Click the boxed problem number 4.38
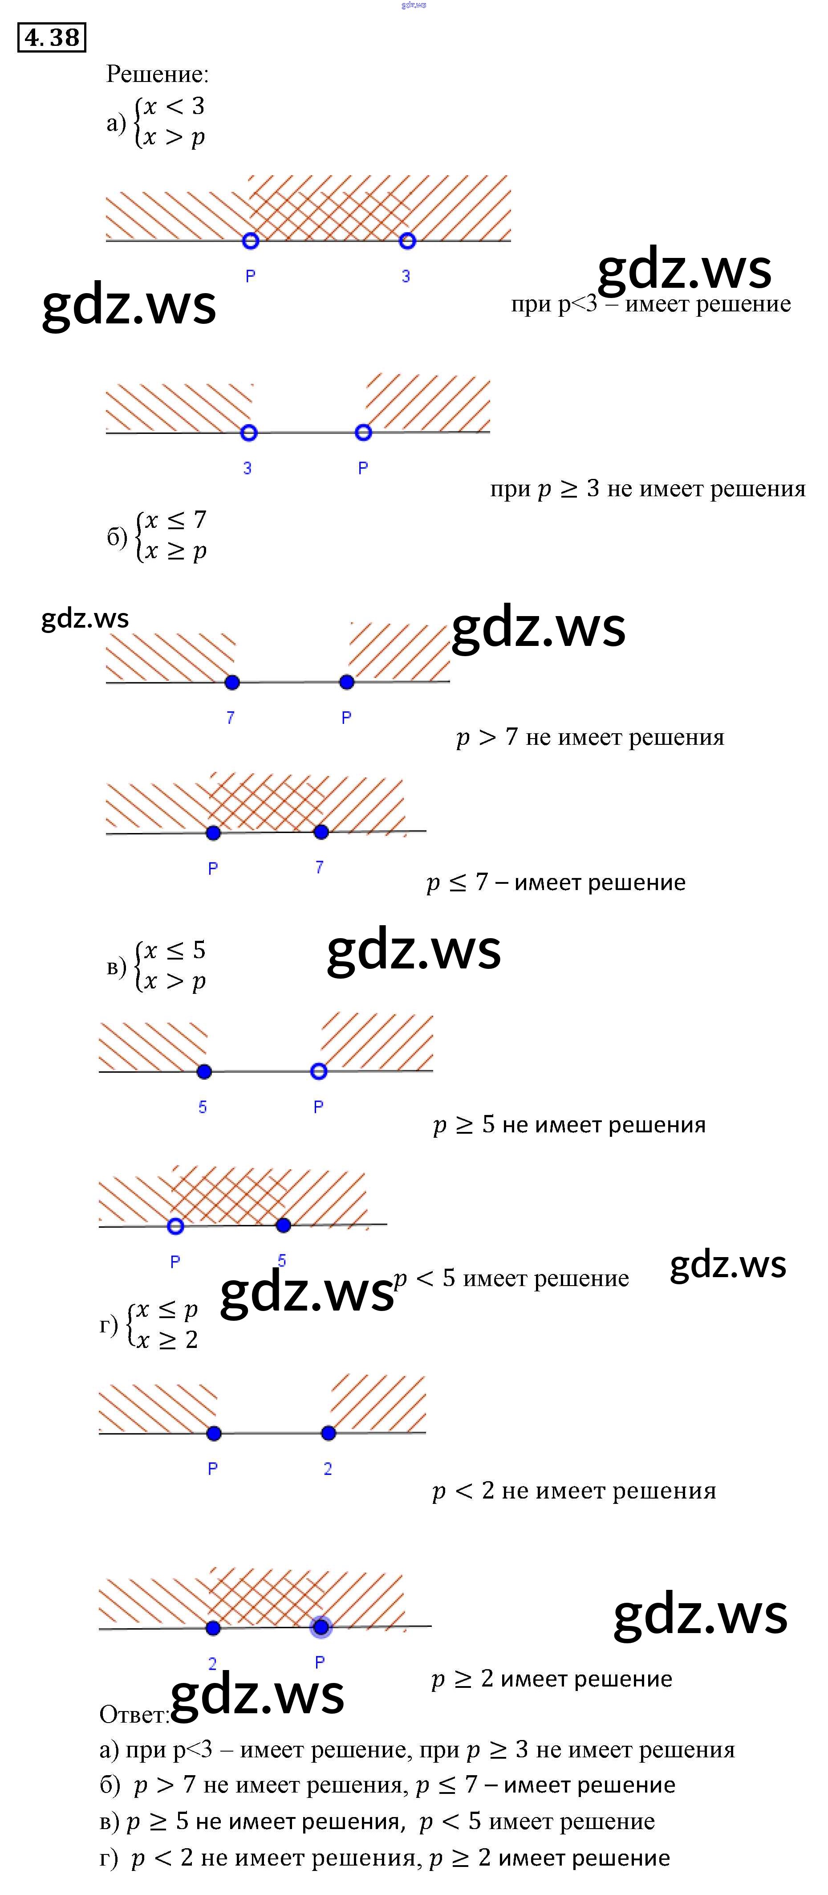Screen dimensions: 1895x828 [52, 37]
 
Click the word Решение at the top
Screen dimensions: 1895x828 [157, 74]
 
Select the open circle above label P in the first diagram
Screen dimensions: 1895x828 [251, 241]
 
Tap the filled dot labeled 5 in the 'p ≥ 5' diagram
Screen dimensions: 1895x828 [204, 1072]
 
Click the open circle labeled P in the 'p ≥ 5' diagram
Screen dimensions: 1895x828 [318, 1072]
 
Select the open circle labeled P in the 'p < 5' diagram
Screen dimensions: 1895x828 [175, 1226]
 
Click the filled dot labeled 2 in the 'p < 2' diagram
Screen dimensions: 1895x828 [329, 1433]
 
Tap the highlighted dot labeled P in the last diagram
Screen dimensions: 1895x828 [321, 1627]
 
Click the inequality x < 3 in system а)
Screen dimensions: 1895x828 [174, 106]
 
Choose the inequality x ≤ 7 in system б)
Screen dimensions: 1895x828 [175, 520]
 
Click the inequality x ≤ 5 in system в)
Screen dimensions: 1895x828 [174, 951]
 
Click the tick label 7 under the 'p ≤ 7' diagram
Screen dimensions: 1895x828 [319, 867]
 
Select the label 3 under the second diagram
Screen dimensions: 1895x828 [247, 468]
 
